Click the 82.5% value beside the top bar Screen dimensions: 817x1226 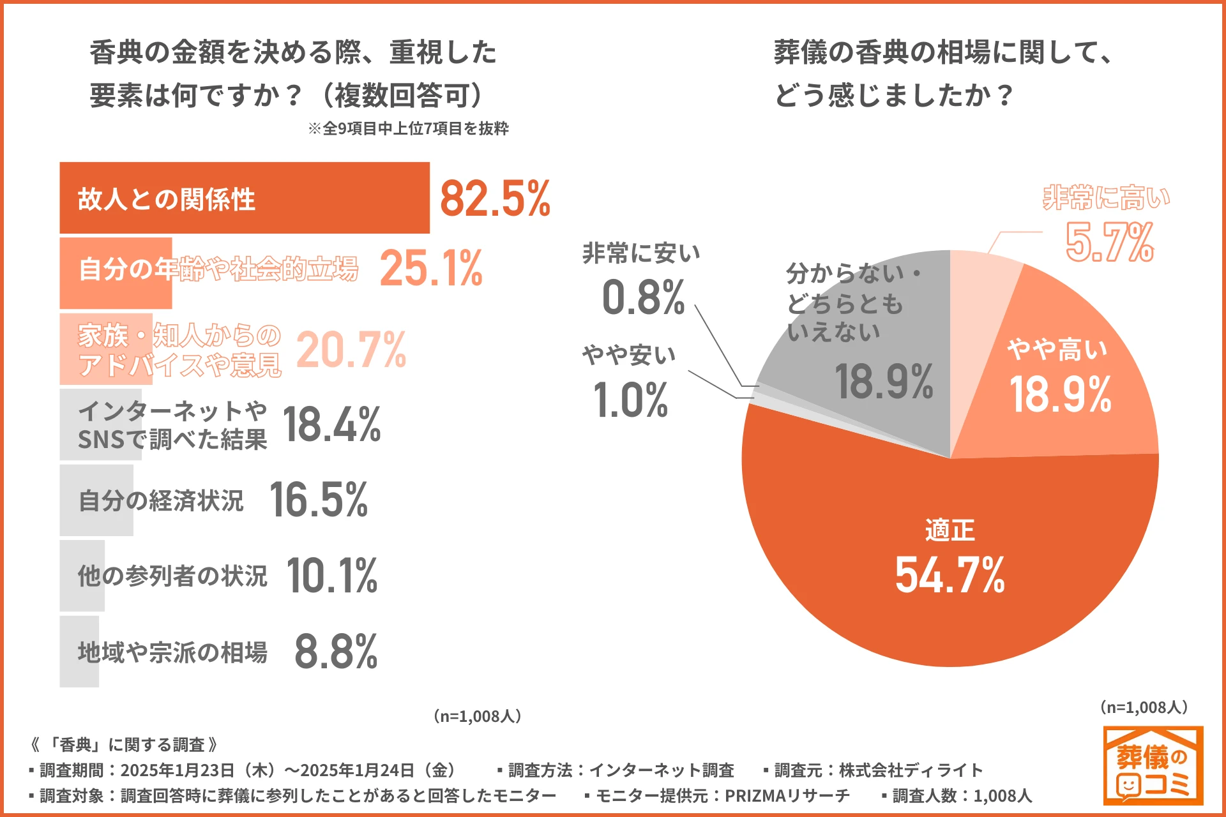(x=495, y=199)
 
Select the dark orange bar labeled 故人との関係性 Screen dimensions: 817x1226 (x=244, y=198)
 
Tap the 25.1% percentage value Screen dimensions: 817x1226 (x=431, y=268)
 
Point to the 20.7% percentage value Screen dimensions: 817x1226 (x=351, y=350)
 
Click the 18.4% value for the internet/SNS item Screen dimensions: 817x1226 (x=331, y=424)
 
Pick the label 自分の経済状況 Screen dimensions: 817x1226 (x=161, y=500)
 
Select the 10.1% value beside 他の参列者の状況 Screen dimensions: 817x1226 (x=331, y=576)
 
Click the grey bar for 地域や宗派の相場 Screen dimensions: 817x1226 (x=79, y=651)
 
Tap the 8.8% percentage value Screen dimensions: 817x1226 (x=336, y=652)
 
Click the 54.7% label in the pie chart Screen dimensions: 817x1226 (x=950, y=575)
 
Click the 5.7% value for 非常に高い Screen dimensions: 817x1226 (x=1110, y=243)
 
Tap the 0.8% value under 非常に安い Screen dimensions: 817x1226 (x=643, y=298)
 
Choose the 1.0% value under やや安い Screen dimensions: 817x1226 (x=631, y=401)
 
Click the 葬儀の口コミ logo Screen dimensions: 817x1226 (x=1153, y=765)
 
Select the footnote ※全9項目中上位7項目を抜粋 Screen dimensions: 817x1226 (x=408, y=128)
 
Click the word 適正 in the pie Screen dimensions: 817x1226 (x=950, y=530)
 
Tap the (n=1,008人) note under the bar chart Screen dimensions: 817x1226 (x=478, y=716)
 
